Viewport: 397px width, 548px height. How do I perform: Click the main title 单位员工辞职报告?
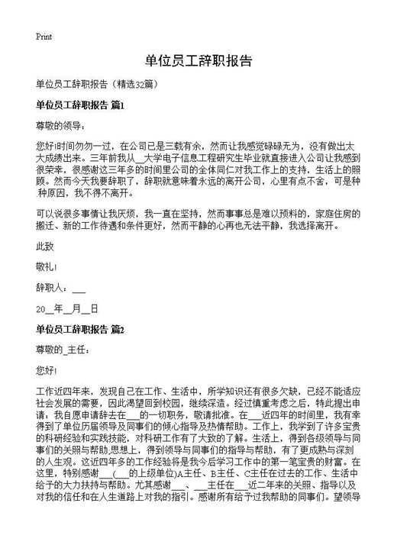pyautogui.click(x=198, y=60)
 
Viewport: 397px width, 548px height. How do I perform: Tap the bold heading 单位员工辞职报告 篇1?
pyautogui.click(x=79, y=104)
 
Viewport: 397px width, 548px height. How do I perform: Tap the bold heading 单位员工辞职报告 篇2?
pyautogui.click(x=79, y=330)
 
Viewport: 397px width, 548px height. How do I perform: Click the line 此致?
pyautogui.click(x=45, y=247)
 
